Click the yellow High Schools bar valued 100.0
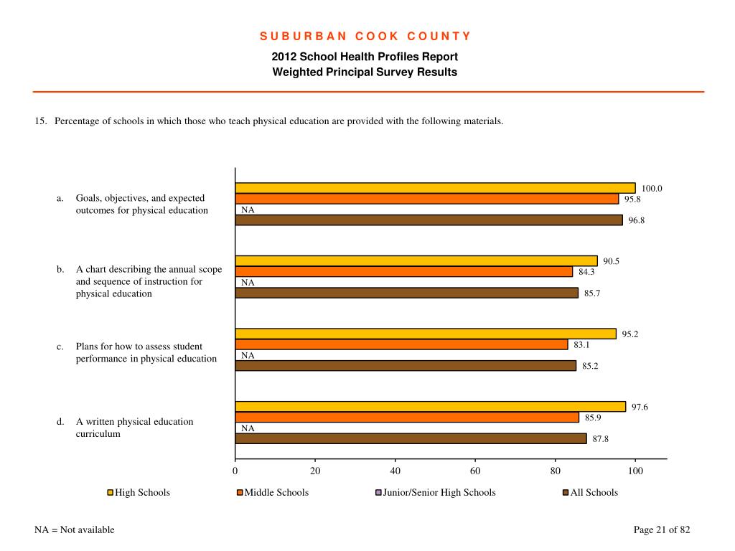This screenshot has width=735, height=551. click(x=435, y=188)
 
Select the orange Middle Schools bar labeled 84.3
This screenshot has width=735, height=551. click(x=403, y=271)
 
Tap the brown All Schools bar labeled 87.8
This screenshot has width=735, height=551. click(x=411, y=438)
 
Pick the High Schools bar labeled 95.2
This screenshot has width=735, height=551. click(x=426, y=334)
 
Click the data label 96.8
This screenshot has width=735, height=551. click(x=637, y=220)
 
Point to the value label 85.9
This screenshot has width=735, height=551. click(x=593, y=418)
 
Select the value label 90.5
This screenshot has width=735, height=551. click(x=612, y=261)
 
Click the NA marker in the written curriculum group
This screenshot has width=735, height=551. click(x=248, y=428)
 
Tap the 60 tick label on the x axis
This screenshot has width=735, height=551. click(x=475, y=471)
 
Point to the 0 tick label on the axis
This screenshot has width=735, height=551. click(x=235, y=471)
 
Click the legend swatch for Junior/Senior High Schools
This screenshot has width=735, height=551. click(x=378, y=492)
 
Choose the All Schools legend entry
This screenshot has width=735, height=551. click(x=590, y=492)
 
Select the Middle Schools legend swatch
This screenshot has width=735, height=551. click(x=240, y=492)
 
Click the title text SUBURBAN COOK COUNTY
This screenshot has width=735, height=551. click(x=365, y=36)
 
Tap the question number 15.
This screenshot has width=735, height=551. click(x=41, y=121)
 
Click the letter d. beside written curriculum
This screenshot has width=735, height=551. click(x=60, y=422)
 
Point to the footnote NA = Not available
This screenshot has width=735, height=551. click(x=75, y=529)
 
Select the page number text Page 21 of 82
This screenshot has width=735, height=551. click(x=662, y=529)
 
